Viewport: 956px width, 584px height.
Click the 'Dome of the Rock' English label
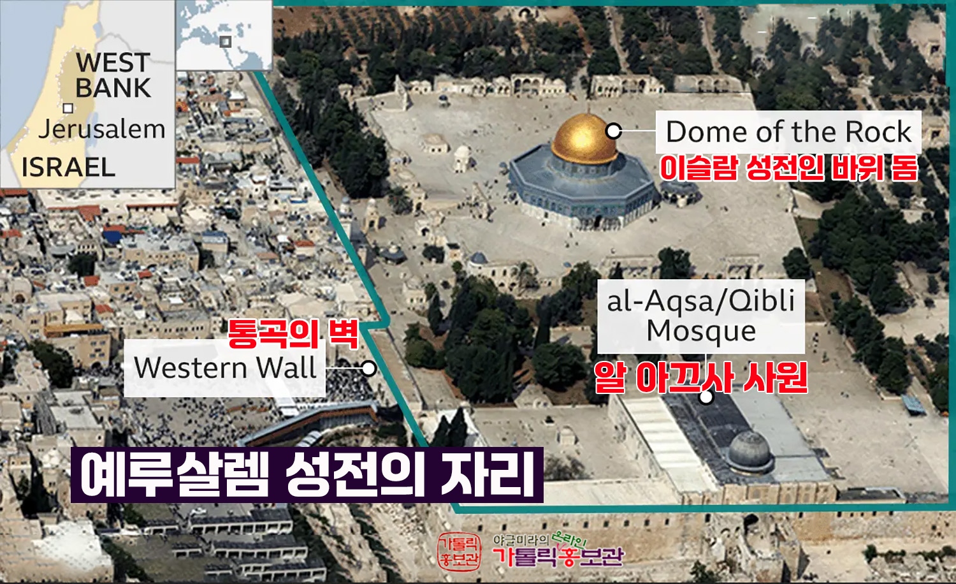click(x=789, y=131)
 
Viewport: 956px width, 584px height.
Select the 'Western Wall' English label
click(x=225, y=368)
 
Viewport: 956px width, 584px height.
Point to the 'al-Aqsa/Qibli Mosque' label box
click(x=701, y=316)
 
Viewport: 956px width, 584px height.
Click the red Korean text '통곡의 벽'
click(x=293, y=334)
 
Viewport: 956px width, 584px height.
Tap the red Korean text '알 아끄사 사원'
click(x=701, y=378)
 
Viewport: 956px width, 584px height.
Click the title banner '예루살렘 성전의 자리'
click(x=307, y=475)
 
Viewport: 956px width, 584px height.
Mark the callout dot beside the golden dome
click(x=614, y=131)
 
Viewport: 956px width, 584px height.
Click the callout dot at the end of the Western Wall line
click(x=368, y=368)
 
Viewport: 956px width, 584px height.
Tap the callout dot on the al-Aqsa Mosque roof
click(x=706, y=397)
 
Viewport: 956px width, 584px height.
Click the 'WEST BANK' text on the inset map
click(x=113, y=75)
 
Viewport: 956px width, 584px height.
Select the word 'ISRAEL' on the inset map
click(x=68, y=167)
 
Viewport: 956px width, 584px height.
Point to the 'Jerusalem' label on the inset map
click(x=101, y=129)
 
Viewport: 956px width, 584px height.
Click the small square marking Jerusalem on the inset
click(x=68, y=108)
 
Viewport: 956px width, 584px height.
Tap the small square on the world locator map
click(x=226, y=41)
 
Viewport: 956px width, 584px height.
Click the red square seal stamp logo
click(x=460, y=551)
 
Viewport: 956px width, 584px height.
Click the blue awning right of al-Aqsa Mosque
click(x=914, y=404)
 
